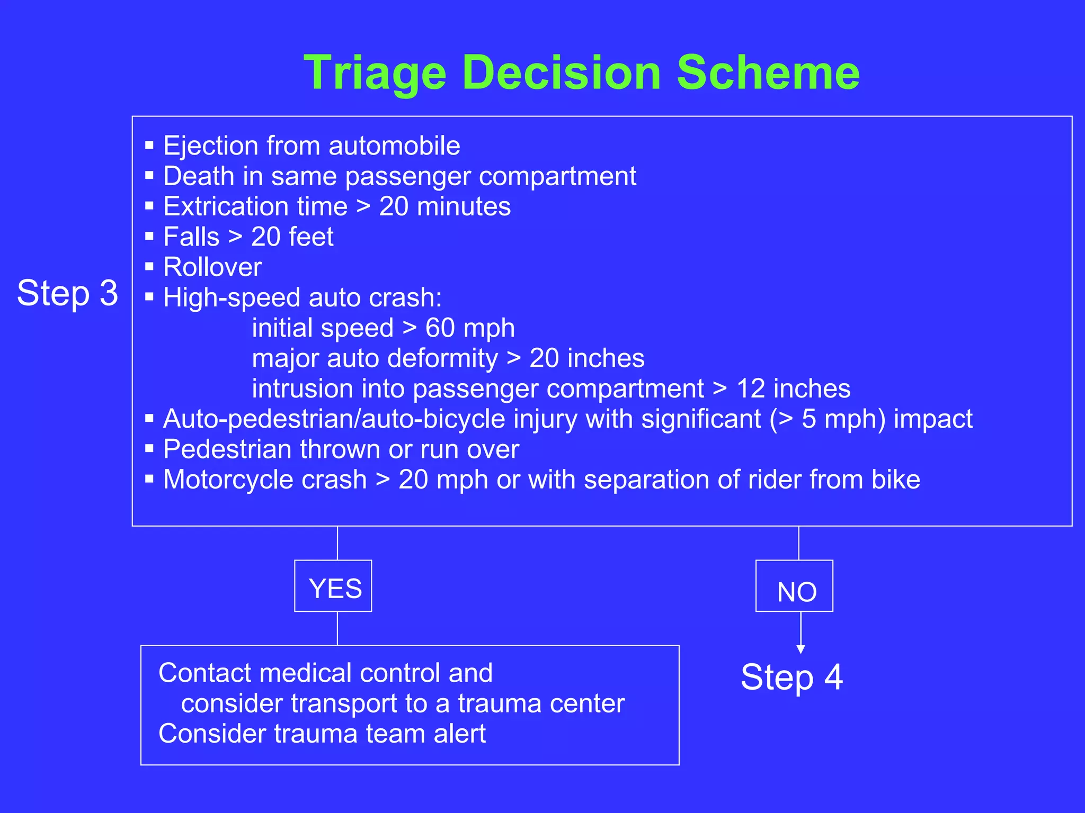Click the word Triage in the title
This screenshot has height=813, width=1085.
(x=375, y=74)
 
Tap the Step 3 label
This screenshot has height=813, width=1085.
(x=67, y=293)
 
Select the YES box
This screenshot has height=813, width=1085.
(x=333, y=586)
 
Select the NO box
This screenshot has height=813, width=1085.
(x=794, y=586)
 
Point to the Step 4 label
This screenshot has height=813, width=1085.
(x=791, y=677)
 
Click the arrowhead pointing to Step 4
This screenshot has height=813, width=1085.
(x=801, y=649)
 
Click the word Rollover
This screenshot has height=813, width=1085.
(x=212, y=267)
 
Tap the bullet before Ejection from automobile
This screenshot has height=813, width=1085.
(x=149, y=144)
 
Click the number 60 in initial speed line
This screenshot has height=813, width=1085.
(x=440, y=328)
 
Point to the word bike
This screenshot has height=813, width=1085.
(x=895, y=480)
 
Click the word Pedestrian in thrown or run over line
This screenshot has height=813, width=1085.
(x=227, y=449)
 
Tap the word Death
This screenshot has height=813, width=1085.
(x=198, y=176)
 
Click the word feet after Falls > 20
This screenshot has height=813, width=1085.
(x=311, y=237)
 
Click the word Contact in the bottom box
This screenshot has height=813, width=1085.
(x=203, y=673)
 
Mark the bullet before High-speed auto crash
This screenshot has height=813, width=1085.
(x=149, y=296)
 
